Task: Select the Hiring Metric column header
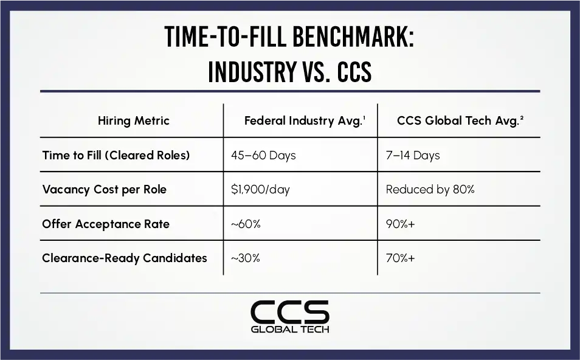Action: [134, 120]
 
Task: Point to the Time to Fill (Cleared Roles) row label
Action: [116, 155]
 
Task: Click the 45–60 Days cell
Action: [263, 156]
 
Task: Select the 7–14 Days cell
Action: [413, 156]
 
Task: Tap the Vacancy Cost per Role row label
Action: [105, 190]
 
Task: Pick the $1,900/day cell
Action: [260, 190]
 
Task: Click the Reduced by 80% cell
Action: [430, 190]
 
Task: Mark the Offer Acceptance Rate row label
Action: [106, 224]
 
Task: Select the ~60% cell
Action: [246, 224]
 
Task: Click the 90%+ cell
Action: [400, 224]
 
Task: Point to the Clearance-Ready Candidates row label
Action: [124, 258]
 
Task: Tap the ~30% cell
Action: [245, 258]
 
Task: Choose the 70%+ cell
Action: [400, 258]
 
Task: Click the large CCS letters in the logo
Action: [290, 311]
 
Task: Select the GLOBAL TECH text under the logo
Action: [290, 330]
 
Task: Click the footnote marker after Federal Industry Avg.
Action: [364, 117]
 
